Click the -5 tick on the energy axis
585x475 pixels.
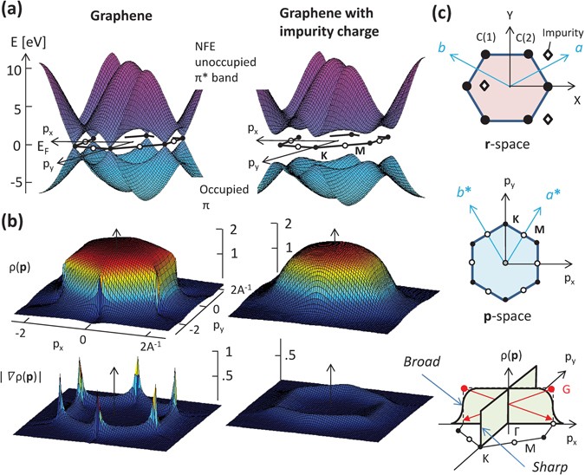click(x=13, y=185)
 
